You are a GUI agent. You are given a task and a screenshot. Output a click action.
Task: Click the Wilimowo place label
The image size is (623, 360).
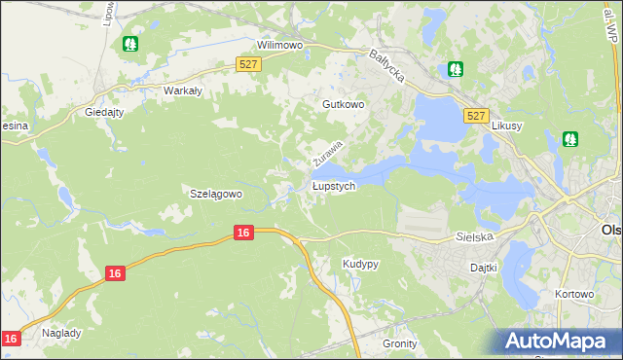click(280, 45)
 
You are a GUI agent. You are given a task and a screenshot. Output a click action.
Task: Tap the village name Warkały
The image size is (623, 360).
click(182, 90)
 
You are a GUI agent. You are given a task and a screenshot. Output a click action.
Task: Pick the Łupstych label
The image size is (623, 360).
click(334, 185)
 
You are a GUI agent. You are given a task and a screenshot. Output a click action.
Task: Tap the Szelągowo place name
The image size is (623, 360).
click(215, 194)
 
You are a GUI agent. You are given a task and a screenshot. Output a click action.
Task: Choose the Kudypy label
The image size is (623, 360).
click(360, 264)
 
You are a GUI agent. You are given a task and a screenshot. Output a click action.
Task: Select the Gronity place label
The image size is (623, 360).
click(399, 343)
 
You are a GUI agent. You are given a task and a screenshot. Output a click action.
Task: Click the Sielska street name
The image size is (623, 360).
click(475, 236)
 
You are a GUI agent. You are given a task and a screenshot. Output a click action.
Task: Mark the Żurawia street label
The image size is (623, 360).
click(328, 152)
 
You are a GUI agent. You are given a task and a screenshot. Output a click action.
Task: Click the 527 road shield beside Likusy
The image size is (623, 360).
click(475, 115)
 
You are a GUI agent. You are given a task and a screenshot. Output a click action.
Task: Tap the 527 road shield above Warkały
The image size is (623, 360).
click(248, 64)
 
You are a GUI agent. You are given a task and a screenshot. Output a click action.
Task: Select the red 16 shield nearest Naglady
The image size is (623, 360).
click(11, 338)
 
